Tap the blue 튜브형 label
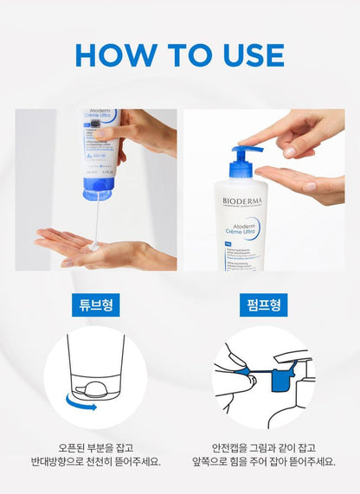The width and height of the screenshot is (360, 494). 95,305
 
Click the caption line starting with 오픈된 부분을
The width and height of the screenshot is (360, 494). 95,448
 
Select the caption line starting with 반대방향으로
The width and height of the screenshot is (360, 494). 95,463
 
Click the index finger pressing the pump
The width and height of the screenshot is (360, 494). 260,142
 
